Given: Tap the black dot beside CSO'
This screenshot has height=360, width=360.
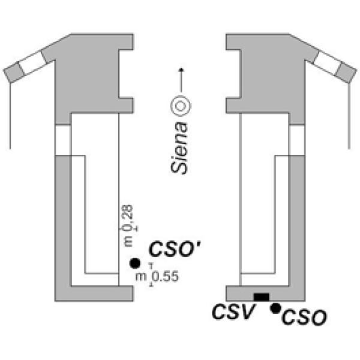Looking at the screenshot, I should click(135, 263).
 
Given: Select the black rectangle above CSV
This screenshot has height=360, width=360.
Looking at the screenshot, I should click(262, 297).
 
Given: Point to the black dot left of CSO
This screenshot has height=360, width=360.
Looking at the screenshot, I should click(275, 308).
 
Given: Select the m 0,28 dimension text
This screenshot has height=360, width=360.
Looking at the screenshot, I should click(128, 224).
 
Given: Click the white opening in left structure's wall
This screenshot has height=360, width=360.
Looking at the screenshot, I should click(63, 139).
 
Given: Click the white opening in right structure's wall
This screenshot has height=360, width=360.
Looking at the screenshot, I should click(295, 139).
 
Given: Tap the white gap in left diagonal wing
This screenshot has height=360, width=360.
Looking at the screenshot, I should click(33, 64).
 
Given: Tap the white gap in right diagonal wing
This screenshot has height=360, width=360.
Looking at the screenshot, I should click(326, 62).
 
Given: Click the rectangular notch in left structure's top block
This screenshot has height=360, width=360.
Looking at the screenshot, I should click(127, 73).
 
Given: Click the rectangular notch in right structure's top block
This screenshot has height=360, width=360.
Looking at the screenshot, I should click(231, 73).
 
